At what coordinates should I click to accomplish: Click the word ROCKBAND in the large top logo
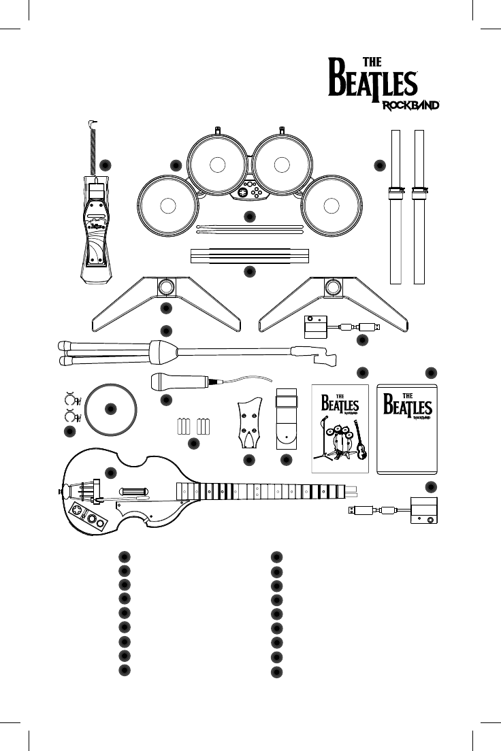409,105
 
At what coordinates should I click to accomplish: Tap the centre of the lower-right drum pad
332,207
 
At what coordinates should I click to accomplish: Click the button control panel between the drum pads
249,192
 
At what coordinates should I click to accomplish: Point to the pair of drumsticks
249,229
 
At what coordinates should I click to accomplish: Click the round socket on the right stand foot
333,288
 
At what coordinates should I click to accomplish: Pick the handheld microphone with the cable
181,383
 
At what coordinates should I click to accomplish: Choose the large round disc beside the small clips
111,409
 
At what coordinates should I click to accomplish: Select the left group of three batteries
182,427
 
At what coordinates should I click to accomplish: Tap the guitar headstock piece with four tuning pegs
248,422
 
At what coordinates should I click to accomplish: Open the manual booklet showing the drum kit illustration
339,429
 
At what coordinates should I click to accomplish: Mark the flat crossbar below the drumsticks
249,256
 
